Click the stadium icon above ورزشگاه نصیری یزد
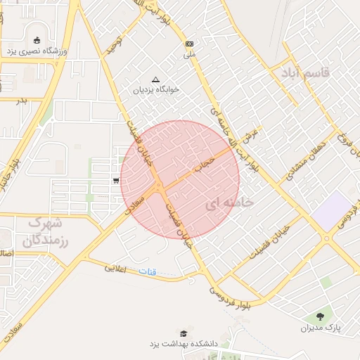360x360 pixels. [x=37, y=39]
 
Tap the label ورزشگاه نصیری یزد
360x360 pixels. [x=35, y=51]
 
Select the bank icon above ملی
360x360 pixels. [x=189, y=44]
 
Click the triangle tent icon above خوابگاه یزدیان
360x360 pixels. [x=155, y=79]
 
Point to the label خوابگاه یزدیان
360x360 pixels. [x=155, y=90]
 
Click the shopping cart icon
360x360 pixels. [x=115, y=181]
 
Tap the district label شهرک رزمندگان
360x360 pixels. [x=41, y=232]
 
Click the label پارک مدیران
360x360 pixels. [x=320, y=328]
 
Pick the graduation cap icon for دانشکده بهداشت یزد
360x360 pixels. [x=184, y=333]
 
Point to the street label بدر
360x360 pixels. [x=21, y=100]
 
